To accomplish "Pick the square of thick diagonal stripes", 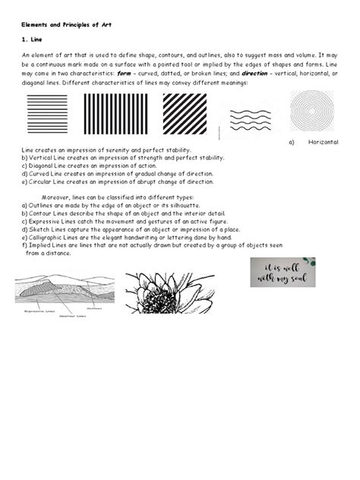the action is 185,113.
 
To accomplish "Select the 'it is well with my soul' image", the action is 283,272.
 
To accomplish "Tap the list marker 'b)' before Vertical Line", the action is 24,158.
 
